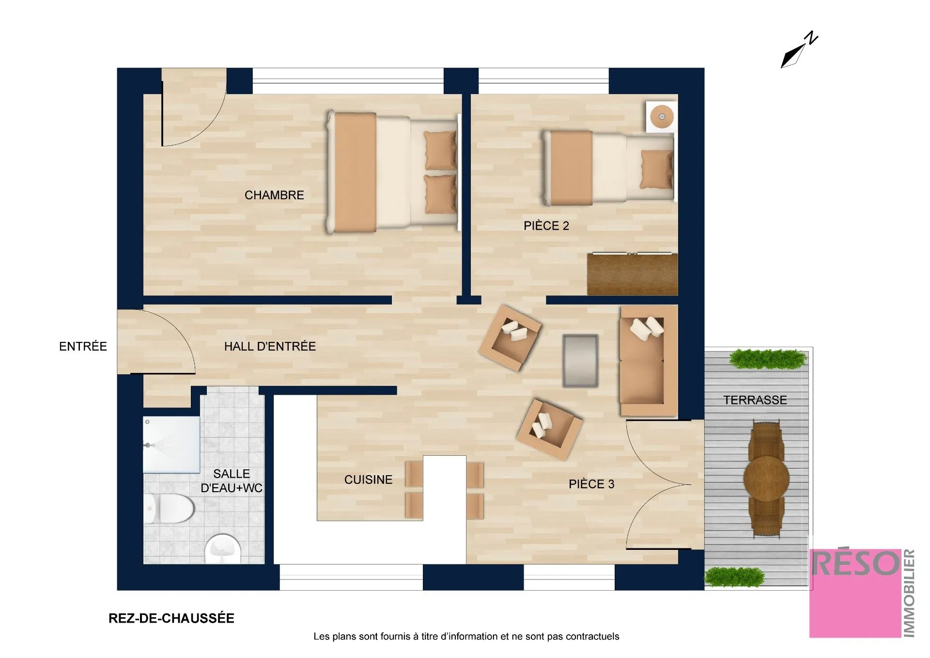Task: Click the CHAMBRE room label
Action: (x=274, y=195)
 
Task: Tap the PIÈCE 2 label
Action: (x=546, y=225)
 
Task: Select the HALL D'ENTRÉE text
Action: (x=270, y=346)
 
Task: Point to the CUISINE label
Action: (x=368, y=480)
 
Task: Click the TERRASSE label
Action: (x=755, y=400)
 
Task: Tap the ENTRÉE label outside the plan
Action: (x=83, y=346)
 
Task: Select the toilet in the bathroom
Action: (x=170, y=508)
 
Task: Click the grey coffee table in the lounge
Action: (x=580, y=361)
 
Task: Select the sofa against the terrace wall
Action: (x=648, y=361)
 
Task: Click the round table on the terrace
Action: (x=766, y=478)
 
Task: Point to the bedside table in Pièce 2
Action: (x=661, y=116)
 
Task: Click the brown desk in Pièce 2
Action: (x=632, y=274)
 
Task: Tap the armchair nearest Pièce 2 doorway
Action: (x=510, y=337)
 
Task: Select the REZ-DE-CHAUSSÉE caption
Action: (x=171, y=618)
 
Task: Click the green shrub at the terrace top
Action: (x=768, y=359)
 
